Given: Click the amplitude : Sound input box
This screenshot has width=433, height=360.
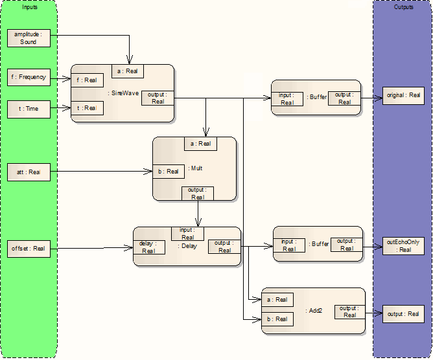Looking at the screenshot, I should [x=27, y=38].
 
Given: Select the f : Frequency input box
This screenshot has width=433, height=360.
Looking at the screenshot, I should [x=27, y=78].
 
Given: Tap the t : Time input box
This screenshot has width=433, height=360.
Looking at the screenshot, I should [x=27, y=109].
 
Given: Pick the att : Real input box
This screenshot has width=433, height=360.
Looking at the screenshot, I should [x=27, y=172].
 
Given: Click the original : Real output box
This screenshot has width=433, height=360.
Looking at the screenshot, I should [x=403, y=95].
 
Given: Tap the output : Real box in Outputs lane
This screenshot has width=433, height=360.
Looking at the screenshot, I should [x=403, y=314].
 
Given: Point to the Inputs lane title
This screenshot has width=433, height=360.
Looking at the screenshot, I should [x=29, y=6].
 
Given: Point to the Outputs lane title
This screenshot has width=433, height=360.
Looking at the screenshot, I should [x=403, y=6].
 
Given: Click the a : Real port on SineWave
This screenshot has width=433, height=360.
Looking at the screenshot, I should [x=127, y=71].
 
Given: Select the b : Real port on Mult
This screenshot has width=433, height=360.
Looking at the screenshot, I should [x=169, y=172].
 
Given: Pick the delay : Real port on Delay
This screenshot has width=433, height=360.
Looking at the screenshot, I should [x=148, y=247].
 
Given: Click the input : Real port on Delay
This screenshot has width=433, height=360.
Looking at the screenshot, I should [x=187, y=233].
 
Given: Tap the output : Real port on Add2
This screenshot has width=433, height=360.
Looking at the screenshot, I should [x=349, y=311].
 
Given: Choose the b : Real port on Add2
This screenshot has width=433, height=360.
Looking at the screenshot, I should [x=277, y=319].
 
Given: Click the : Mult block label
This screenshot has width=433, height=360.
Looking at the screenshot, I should [x=196, y=168].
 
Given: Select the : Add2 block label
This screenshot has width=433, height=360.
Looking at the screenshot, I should [x=314, y=311].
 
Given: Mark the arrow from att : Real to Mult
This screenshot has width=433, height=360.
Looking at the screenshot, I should [x=97, y=172].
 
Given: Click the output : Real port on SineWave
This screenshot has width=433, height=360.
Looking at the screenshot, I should [x=158, y=98].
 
